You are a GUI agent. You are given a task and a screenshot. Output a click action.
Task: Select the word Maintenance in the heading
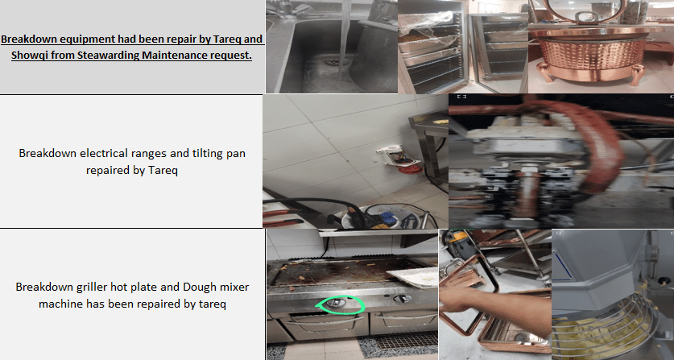tap(176, 56)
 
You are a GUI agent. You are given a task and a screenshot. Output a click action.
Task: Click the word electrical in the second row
tap(103, 153)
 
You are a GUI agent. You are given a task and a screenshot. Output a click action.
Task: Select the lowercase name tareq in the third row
tap(213, 304)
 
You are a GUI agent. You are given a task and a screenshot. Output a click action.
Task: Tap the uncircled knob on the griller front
tap(403, 298)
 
